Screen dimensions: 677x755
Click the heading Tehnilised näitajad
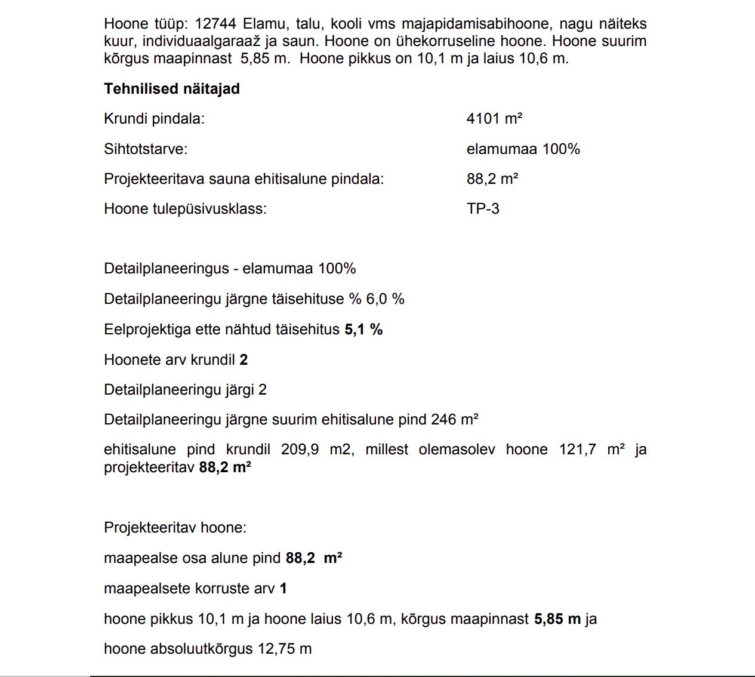coord(172,89)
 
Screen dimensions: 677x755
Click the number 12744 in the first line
coord(215,24)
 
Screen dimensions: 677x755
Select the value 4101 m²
coord(494,118)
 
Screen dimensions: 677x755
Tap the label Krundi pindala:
coord(154,119)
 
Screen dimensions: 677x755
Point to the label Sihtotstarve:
coord(146,149)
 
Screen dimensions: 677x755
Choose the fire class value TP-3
coord(483,209)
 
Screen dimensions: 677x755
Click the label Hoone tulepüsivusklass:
coord(185,209)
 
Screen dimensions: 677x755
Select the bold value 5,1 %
coord(363,330)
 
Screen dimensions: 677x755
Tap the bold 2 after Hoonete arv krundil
coord(244,360)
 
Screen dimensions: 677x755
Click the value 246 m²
coord(455,420)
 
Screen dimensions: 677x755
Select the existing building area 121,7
coord(577,450)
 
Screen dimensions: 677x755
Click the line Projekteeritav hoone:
coord(175,528)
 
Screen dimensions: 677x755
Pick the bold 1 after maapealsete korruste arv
coord(283,589)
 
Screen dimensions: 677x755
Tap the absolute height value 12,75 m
coord(285,649)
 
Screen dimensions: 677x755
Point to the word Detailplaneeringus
coord(166,269)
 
